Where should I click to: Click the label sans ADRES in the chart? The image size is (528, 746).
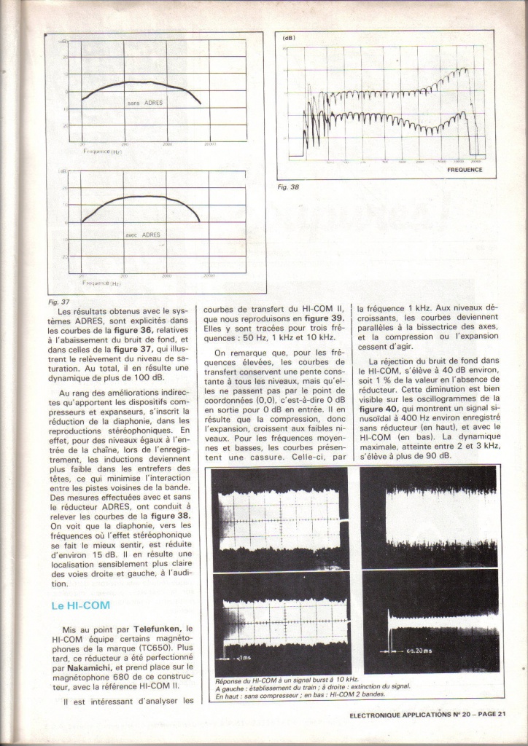coord(145,103)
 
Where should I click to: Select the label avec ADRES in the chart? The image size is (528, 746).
coord(143,235)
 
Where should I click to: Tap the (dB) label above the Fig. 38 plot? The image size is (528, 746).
coord(289,37)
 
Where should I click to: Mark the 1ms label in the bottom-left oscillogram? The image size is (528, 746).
coord(241,657)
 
